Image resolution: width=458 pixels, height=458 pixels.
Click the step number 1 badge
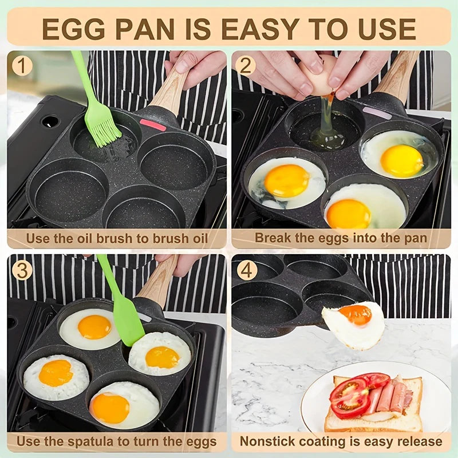(x=22, y=66)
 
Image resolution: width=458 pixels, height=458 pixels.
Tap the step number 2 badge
(x=246, y=66)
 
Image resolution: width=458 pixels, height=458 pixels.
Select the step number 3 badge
(x=22, y=270)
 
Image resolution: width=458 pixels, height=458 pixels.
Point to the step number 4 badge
(x=247, y=270)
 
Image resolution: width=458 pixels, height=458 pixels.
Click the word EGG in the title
(x=69, y=29)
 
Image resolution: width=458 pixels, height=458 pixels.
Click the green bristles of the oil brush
(x=103, y=129)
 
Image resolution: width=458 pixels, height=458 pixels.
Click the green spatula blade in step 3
(x=127, y=321)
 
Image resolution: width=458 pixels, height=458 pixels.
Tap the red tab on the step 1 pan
(x=154, y=124)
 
